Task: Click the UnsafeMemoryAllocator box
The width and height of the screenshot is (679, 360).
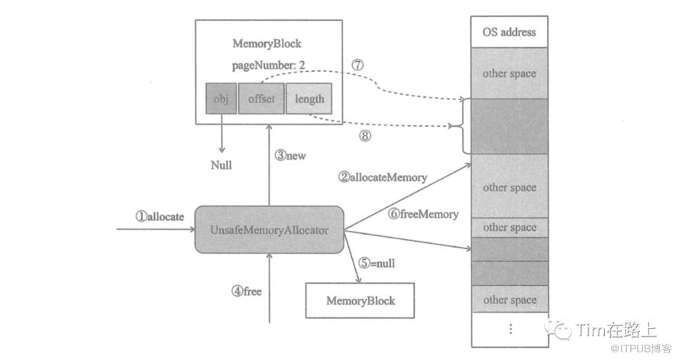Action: [269, 229]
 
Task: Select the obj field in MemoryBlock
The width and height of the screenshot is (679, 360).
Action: [221, 99]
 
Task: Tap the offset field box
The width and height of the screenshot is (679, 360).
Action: [260, 99]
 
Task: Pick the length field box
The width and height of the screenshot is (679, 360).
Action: [309, 99]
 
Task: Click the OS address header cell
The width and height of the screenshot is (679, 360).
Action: [509, 32]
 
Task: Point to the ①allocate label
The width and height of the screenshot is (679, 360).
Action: [160, 216]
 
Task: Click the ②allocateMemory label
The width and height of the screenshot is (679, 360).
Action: [383, 177]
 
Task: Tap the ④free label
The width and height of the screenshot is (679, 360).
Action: [247, 290]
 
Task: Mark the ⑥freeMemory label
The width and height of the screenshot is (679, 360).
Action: [424, 215]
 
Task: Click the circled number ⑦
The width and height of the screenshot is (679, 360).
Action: [357, 65]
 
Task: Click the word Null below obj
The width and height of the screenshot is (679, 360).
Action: [222, 165]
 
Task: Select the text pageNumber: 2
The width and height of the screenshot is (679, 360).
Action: [268, 66]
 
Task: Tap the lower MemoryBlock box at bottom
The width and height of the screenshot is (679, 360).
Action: [361, 300]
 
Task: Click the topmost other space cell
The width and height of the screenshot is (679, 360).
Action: [509, 73]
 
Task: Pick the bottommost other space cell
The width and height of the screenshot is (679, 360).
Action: [509, 300]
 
